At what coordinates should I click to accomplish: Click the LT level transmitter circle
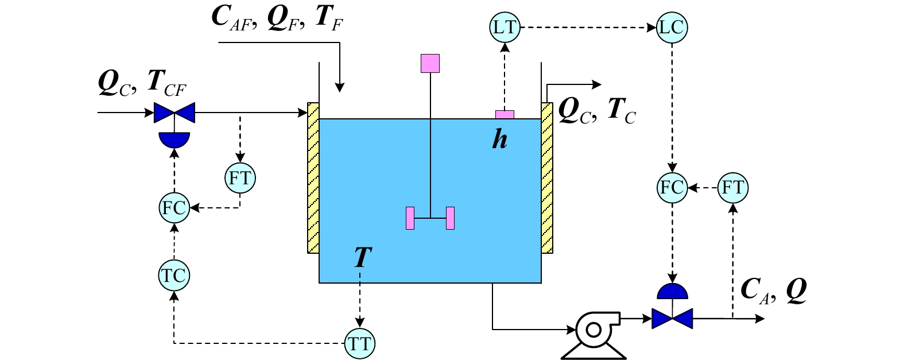click(505, 28)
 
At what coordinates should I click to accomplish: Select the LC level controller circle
click(672, 28)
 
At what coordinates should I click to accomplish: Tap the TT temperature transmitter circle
click(359, 343)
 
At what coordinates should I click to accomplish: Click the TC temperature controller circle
click(174, 276)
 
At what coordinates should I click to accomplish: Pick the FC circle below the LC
click(672, 188)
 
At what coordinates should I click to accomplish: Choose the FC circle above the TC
click(174, 208)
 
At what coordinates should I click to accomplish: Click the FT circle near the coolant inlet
click(240, 178)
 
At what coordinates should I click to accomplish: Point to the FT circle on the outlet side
click(733, 188)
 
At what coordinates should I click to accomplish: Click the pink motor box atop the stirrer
click(430, 63)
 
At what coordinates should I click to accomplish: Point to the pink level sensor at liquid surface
click(505, 115)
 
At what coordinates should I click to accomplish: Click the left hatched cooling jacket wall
click(313, 178)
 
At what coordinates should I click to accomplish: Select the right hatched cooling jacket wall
click(547, 178)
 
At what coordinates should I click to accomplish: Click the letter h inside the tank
click(499, 140)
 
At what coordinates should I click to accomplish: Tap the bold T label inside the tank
click(363, 257)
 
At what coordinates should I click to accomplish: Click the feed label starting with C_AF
click(277, 19)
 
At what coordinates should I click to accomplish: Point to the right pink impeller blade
click(451, 218)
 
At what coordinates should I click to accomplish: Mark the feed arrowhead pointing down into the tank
click(340, 88)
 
